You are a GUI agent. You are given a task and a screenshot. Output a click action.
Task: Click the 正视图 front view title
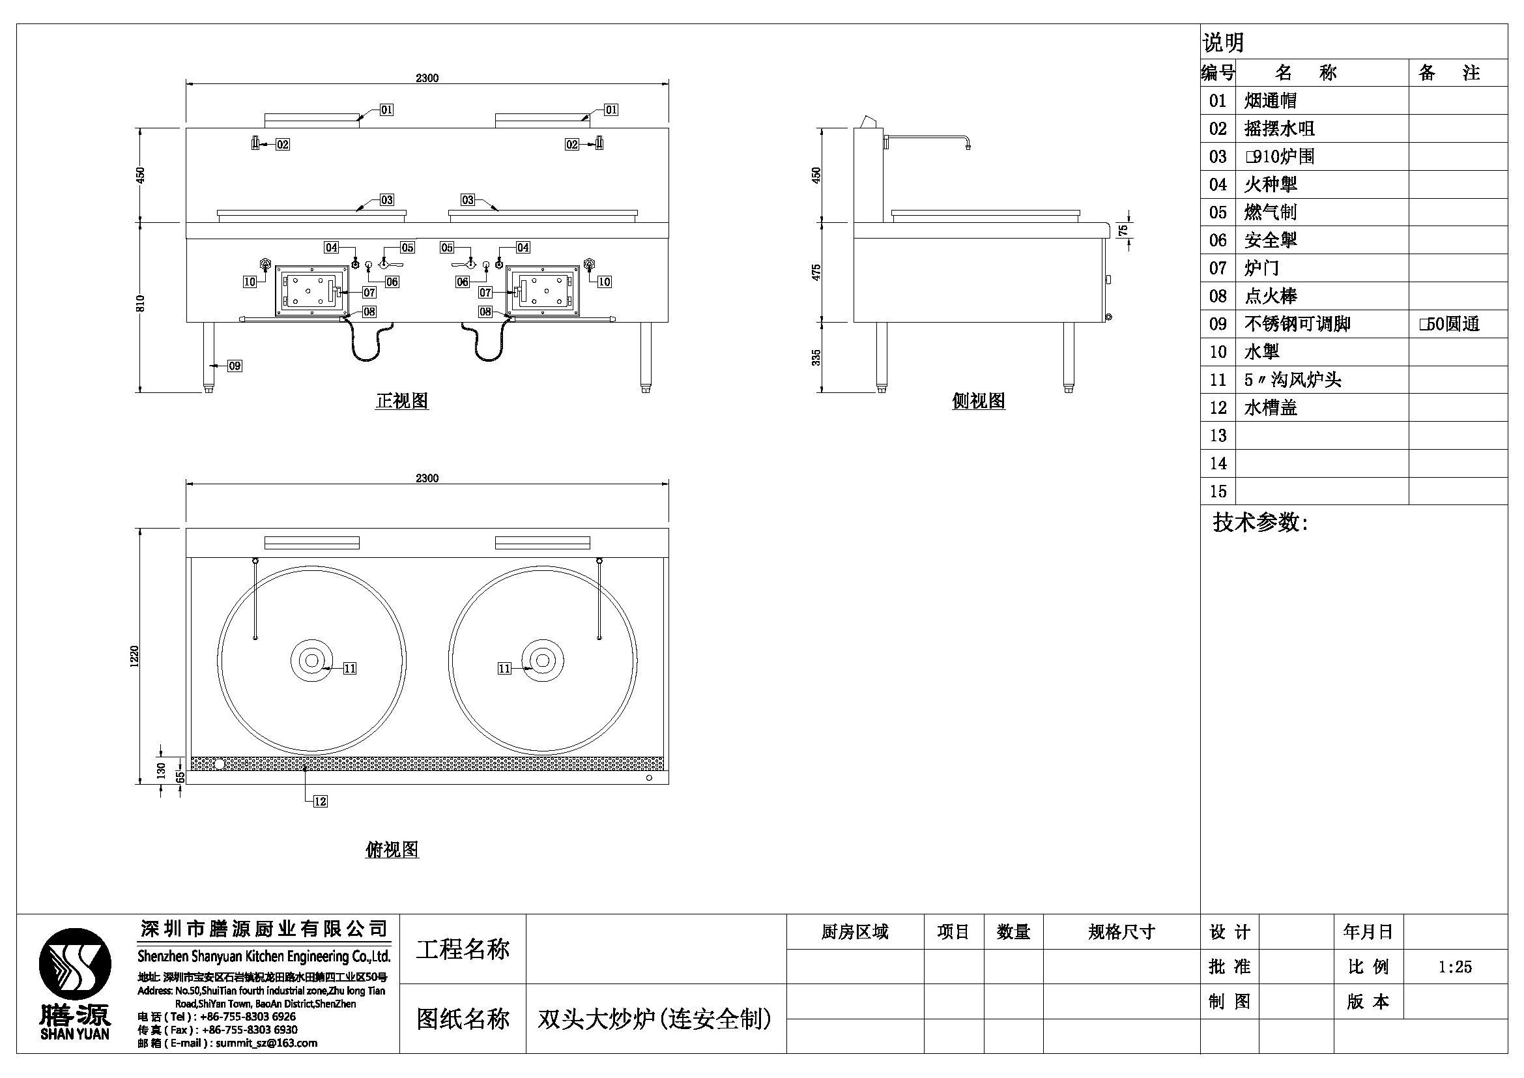point(401,401)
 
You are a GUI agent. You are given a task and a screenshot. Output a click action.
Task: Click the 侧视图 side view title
point(979,401)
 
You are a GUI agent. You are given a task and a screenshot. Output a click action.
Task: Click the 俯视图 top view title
point(392,850)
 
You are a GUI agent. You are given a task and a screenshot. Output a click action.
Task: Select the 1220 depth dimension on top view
point(135,656)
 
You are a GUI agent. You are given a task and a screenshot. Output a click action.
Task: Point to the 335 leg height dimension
point(816,357)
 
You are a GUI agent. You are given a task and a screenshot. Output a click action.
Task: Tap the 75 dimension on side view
point(1123,229)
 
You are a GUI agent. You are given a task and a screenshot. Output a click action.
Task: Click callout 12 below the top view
point(320,801)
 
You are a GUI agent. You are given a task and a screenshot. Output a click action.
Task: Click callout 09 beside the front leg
point(235,366)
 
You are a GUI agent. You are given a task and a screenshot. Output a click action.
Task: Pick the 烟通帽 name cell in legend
point(1271,101)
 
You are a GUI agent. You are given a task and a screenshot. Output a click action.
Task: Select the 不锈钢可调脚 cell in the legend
point(1297,324)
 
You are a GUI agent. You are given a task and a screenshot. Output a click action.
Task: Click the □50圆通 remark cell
point(1450,324)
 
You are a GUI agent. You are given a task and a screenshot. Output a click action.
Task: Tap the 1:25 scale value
point(1455,967)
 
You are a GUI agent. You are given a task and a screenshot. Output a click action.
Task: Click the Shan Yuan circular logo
point(75,964)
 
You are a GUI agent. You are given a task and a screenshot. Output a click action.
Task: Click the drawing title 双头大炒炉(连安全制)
point(654,1019)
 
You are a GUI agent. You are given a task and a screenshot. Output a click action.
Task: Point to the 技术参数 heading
point(1260,523)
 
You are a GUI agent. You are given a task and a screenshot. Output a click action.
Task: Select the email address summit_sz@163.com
point(266,1043)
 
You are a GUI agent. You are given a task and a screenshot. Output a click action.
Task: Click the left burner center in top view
point(311,660)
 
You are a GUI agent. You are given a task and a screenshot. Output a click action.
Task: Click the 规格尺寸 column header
point(1121,932)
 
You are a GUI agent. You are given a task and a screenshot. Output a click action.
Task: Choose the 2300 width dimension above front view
point(427,78)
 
